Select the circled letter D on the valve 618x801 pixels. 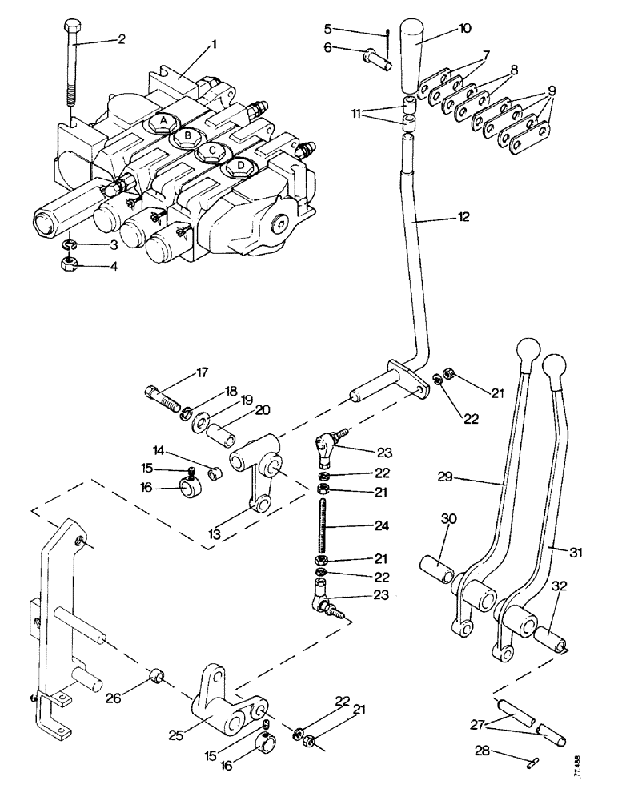(239, 167)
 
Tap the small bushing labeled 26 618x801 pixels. (157, 679)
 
